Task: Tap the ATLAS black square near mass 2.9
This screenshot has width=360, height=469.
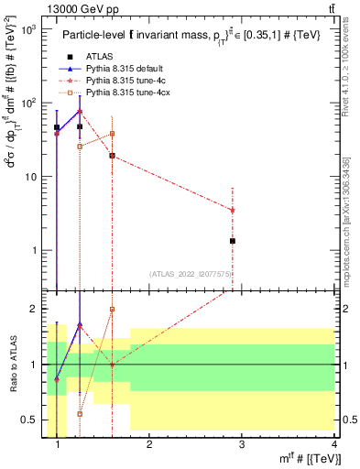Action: coord(233,241)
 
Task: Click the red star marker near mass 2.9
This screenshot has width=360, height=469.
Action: coord(233,210)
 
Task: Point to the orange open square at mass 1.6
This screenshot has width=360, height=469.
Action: coord(112,134)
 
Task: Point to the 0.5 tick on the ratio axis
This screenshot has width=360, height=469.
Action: coord(33,420)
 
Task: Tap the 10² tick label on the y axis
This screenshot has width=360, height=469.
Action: coord(29,101)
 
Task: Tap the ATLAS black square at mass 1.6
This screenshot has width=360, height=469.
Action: coord(112,156)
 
